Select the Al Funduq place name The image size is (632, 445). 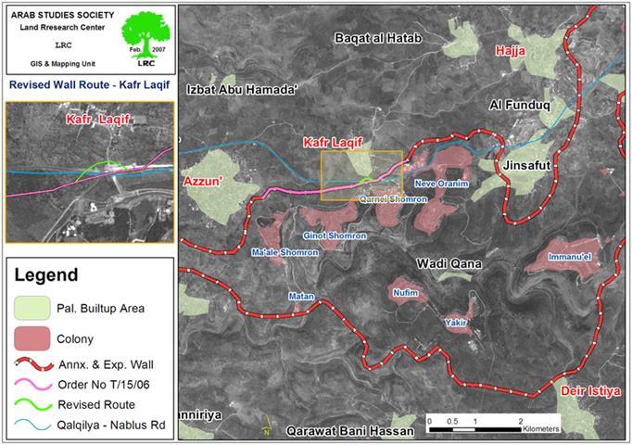(x=520, y=107)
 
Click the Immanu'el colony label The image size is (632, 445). (x=571, y=255)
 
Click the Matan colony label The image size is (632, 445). (x=302, y=297)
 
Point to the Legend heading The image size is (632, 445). (x=46, y=275)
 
